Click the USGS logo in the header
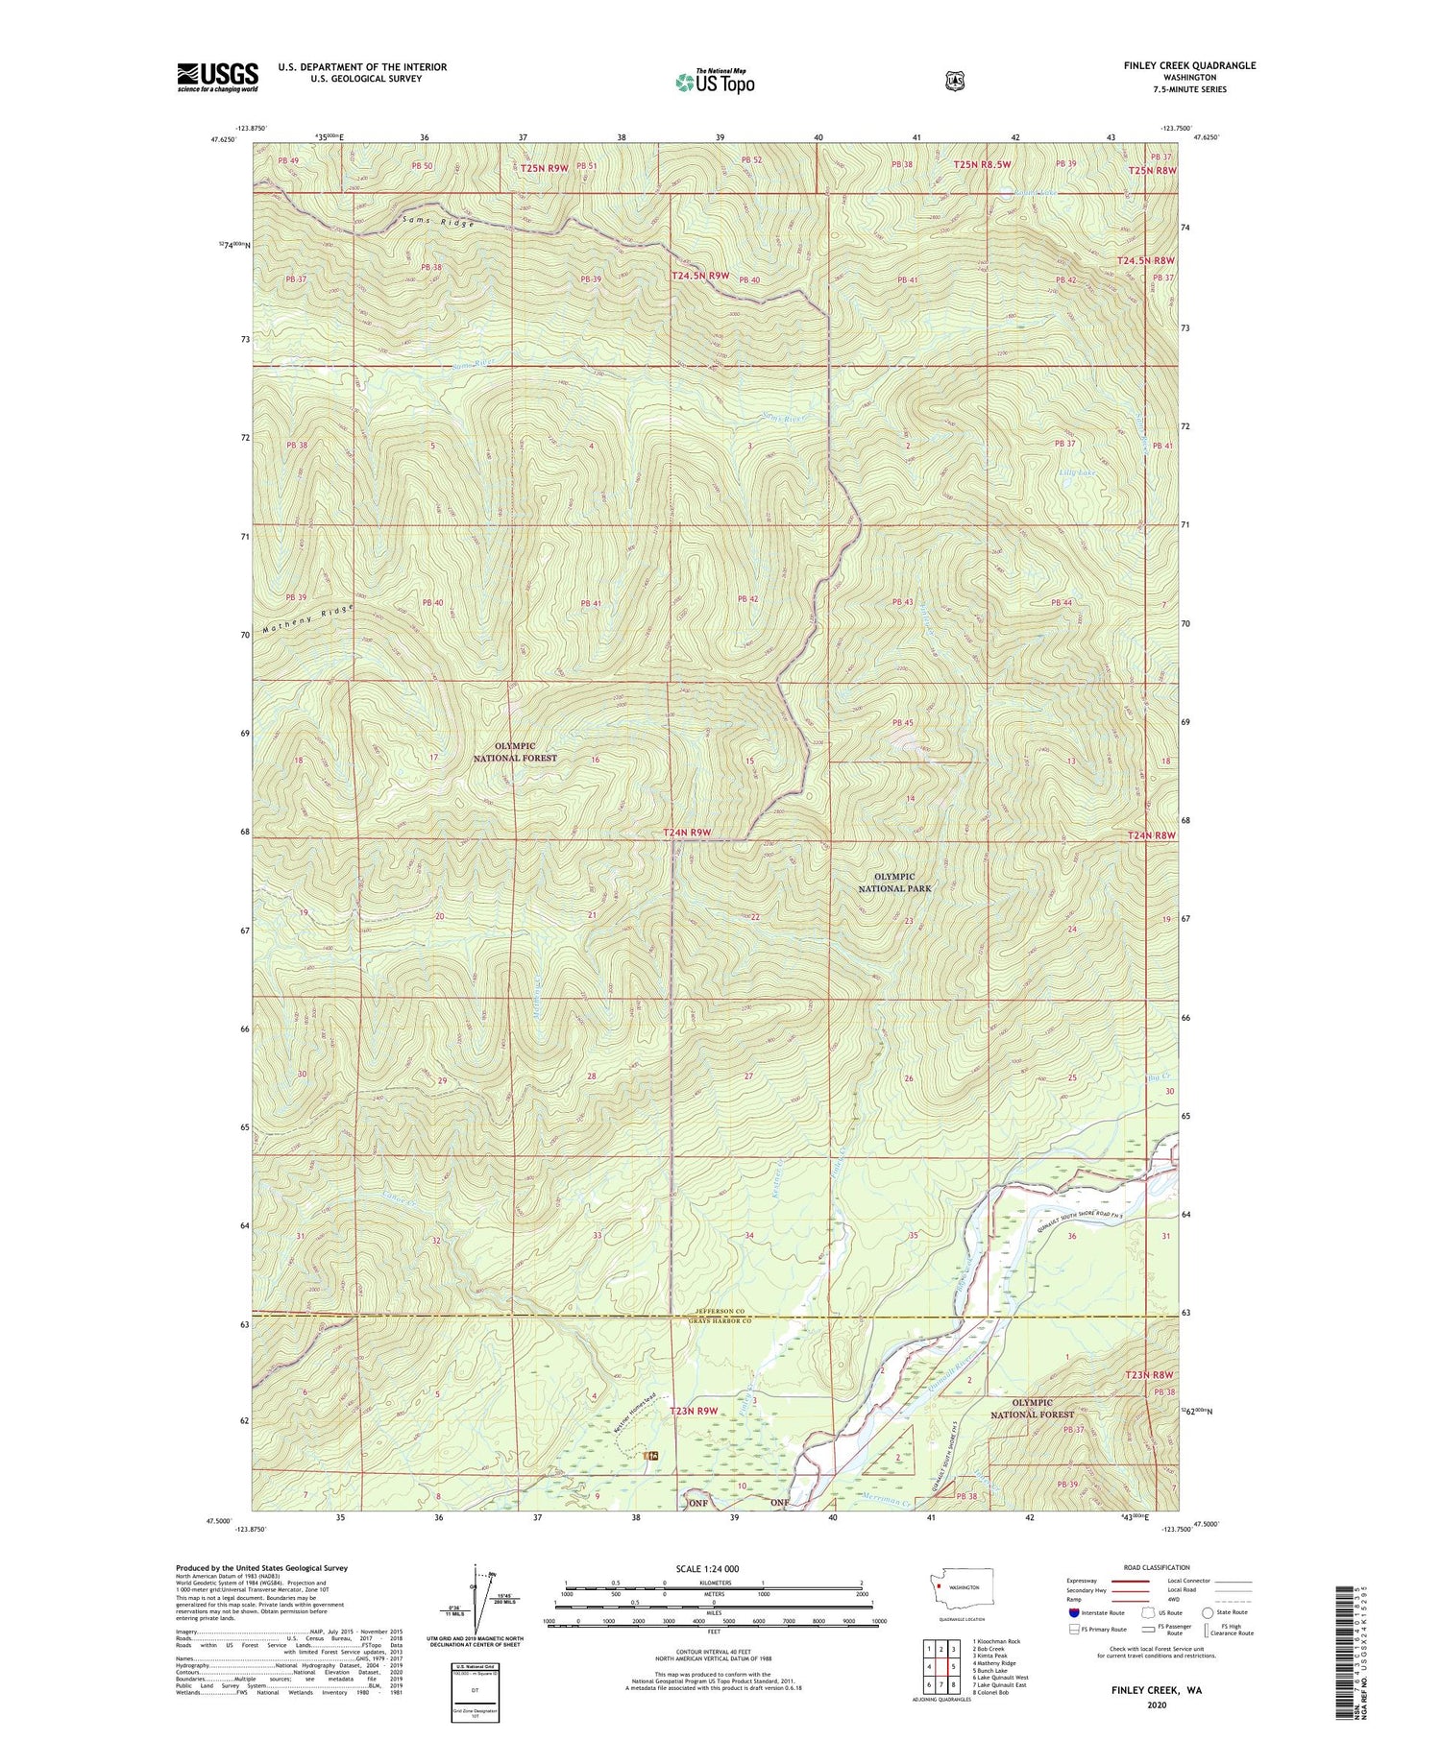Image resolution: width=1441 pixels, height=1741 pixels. tap(217, 77)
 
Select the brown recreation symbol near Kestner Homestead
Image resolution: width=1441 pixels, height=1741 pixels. tap(652, 1457)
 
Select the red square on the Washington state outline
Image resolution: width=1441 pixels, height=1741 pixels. tap(938, 1585)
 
